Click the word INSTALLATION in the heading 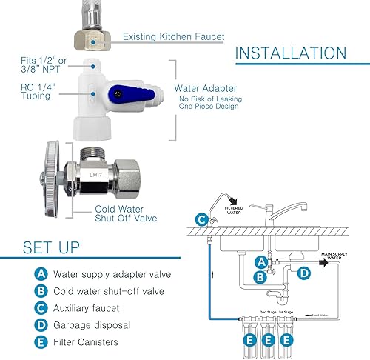pyautogui.click(x=290, y=54)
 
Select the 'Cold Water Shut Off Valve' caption pyautogui.click(x=127, y=213)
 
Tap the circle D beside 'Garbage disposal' pyautogui.click(x=41, y=324)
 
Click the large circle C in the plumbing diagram pyautogui.click(x=202, y=219)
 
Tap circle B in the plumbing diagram pyautogui.click(x=260, y=278)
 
